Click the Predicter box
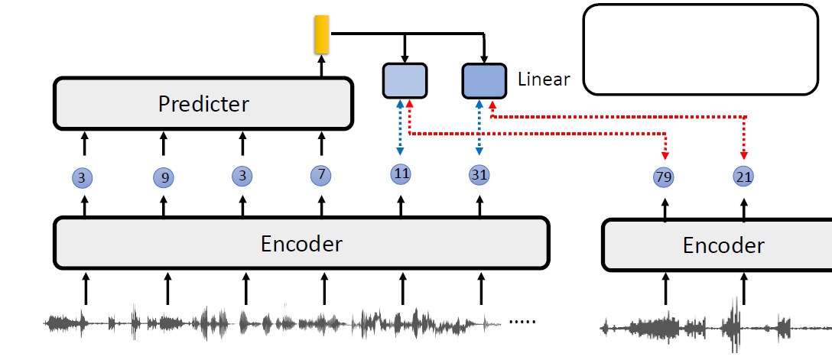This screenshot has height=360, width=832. pyautogui.click(x=203, y=103)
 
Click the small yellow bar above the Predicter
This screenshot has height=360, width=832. pyautogui.click(x=321, y=35)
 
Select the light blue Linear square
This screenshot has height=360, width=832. pyautogui.click(x=405, y=81)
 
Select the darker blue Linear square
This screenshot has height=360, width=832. pyautogui.click(x=484, y=81)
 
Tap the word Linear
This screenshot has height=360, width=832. pyautogui.click(x=544, y=79)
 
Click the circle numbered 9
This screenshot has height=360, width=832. pyautogui.click(x=164, y=178)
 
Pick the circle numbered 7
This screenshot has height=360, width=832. pyautogui.click(x=321, y=176)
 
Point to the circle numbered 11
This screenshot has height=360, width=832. pyautogui.click(x=401, y=174)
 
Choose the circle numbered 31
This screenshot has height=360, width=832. pyautogui.click(x=479, y=175)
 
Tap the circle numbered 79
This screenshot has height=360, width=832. pyautogui.click(x=664, y=177)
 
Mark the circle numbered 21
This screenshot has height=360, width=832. pyautogui.click(x=743, y=177)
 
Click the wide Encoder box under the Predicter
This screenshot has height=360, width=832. pyautogui.click(x=301, y=244)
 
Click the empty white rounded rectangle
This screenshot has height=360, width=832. pyautogui.click(x=700, y=50)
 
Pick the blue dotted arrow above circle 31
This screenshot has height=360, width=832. pyautogui.click(x=479, y=130)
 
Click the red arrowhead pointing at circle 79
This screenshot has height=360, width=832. pyautogui.click(x=665, y=157)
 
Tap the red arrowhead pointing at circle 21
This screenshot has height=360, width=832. pyautogui.click(x=744, y=157)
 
